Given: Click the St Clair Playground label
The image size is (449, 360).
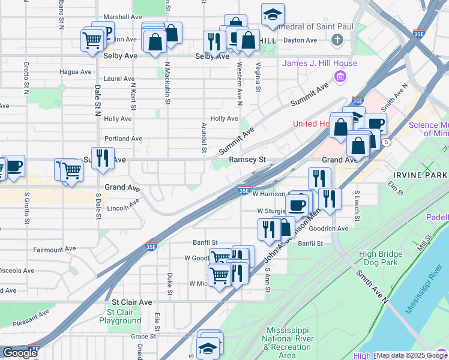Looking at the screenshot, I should tap(124, 316).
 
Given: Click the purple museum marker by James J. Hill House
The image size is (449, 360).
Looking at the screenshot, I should tap(340, 77).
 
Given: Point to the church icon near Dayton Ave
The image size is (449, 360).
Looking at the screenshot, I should tap(338, 40).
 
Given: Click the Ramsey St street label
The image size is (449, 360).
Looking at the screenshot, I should tap(247, 160).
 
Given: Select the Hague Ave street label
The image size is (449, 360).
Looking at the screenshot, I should tap(76, 72).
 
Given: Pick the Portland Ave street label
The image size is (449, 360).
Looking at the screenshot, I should tap(123, 138).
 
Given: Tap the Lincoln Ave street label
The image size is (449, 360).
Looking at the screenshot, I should tap(122, 208).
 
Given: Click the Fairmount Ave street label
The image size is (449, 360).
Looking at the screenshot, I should tap(55, 248).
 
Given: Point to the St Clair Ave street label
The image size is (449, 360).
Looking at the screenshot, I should tap(132, 302).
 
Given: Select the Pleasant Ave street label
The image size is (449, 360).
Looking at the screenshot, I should tap(31, 318).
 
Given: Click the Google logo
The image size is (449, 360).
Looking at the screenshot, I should tap(20, 353).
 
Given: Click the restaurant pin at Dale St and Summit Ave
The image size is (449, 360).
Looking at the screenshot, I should tap(103, 158).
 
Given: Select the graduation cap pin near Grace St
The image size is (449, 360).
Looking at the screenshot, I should tap(208, 347).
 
